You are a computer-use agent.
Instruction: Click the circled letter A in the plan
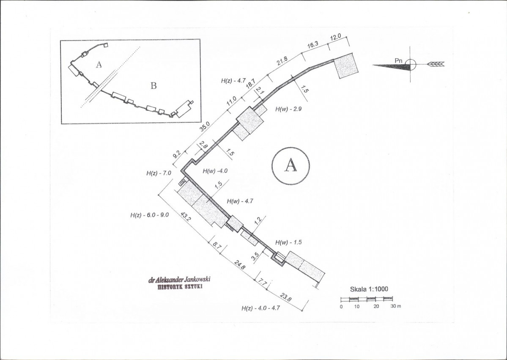(290, 165)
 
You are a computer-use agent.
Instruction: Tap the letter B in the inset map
(153, 86)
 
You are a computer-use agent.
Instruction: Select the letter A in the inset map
(99, 65)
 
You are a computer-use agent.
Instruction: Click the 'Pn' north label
(398, 60)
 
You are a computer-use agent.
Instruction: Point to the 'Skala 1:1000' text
(369, 289)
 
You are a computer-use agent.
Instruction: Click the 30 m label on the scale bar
(395, 306)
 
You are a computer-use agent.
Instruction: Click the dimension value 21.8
(282, 61)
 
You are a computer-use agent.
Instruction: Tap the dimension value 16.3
(312, 44)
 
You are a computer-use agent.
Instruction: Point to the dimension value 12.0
(335, 37)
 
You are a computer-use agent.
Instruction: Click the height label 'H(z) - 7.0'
(159, 173)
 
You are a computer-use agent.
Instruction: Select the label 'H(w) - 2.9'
(288, 109)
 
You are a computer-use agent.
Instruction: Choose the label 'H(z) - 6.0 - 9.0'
(149, 215)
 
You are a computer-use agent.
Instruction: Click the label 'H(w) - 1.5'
(288, 242)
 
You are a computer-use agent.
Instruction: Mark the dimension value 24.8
(240, 265)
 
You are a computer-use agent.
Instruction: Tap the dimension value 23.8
(286, 297)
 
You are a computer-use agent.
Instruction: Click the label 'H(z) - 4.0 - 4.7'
(260, 308)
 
